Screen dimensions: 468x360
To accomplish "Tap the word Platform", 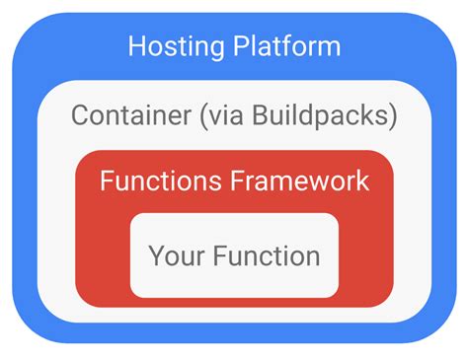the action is (x=284, y=46).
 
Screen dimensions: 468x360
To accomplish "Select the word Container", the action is (x=130, y=116).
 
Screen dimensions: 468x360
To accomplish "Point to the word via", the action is (x=225, y=116).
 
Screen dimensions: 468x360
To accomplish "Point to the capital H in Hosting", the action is (x=136, y=46).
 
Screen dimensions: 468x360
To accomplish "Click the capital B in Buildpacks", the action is (x=259, y=116).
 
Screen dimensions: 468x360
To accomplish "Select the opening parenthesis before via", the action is (x=202, y=116).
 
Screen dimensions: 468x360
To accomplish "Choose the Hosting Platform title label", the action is (x=234, y=46).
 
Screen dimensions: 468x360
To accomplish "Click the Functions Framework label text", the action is (x=234, y=181).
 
